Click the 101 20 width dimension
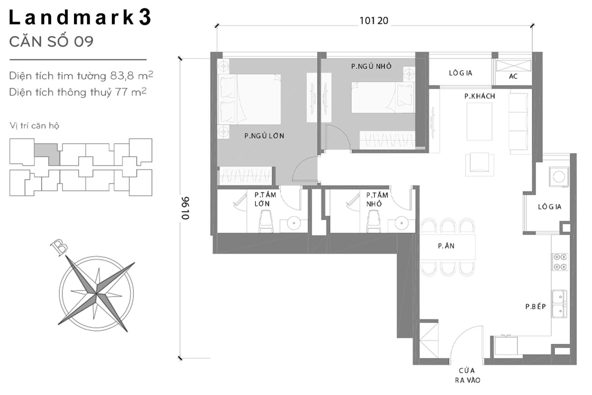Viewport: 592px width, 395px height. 374,21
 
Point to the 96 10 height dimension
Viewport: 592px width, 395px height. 185,208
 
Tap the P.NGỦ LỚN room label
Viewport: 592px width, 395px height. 264,136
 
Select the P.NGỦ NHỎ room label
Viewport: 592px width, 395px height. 371,66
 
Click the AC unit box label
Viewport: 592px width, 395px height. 513,76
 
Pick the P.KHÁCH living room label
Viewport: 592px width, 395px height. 479,96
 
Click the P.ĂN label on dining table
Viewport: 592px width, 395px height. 446,246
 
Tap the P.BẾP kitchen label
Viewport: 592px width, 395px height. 536,306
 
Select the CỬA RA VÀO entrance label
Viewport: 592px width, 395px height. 467,375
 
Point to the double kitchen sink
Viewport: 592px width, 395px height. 559,304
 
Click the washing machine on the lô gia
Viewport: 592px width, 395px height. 559,177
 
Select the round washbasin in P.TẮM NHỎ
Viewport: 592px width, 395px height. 401,223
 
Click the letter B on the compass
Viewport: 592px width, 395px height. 59,247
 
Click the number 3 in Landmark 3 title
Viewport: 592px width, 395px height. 145,17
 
